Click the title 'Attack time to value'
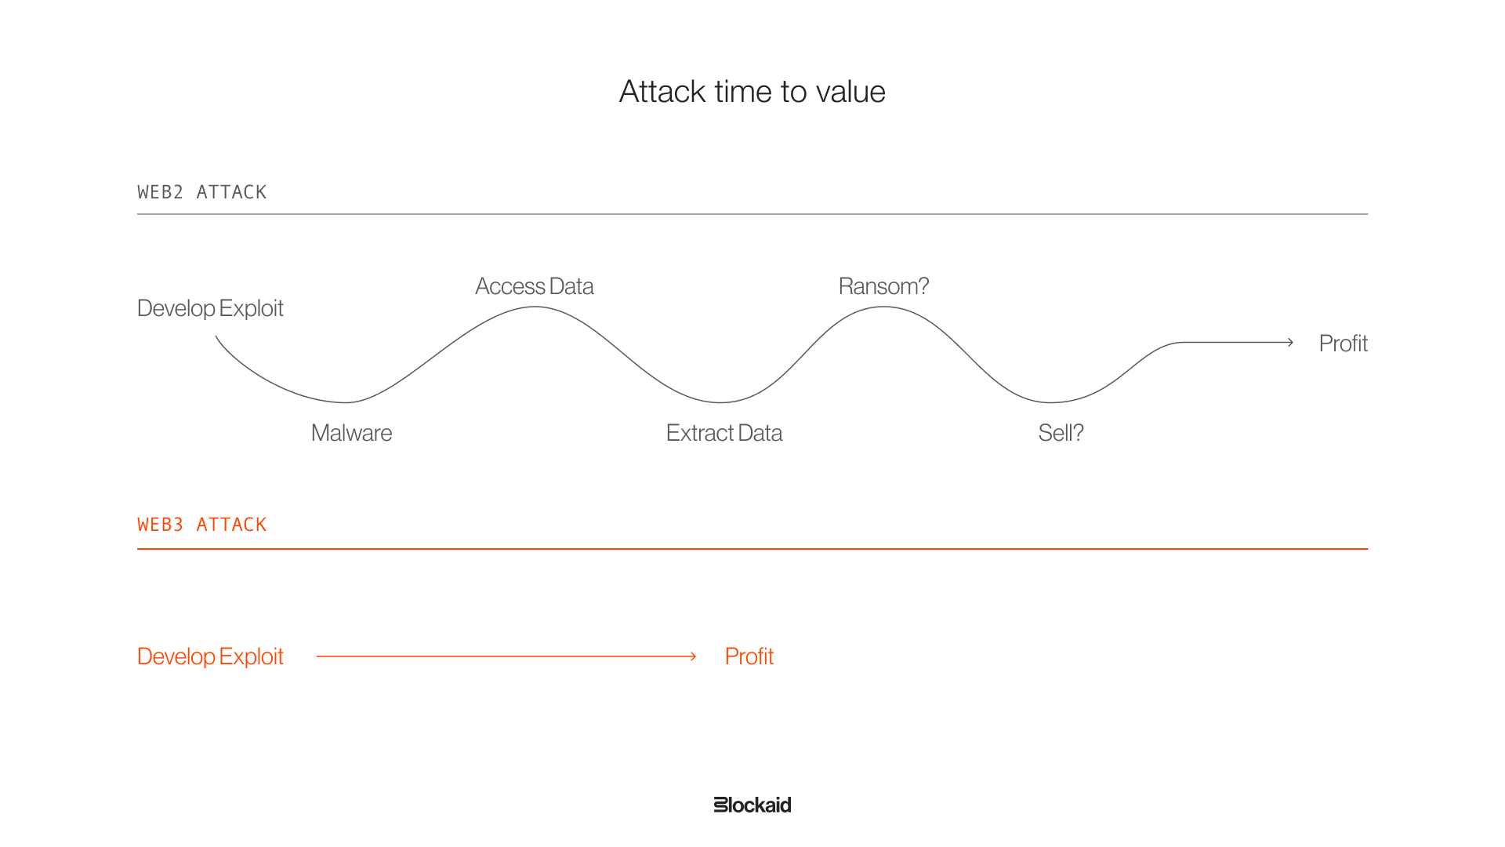point(752,92)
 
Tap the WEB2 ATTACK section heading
point(202,192)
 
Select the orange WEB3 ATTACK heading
point(202,525)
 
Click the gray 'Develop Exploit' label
point(210,308)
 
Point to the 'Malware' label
point(351,433)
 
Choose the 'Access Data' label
point(535,286)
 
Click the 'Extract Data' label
point(724,433)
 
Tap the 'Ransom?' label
point(883,286)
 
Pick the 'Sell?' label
point(1061,433)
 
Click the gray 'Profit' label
point(1343,344)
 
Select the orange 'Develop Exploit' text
point(210,656)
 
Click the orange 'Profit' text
point(749,656)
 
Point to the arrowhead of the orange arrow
point(694,656)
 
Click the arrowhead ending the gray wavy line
point(1290,342)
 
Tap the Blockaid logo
point(752,805)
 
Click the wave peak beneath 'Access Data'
point(535,307)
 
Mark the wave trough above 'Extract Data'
point(720,402)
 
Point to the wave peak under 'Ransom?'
point(883,307)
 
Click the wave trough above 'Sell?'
point(1050,402)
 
